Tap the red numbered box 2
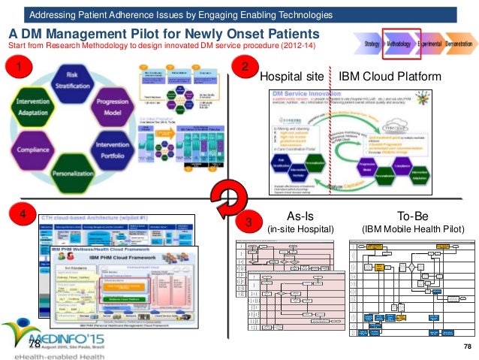pos(246,68)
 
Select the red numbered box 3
pos(249,222)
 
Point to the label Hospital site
pos(291,77)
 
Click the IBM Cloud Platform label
pos(389,77)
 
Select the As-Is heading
pos(300,214)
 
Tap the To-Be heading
pos(409,214)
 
